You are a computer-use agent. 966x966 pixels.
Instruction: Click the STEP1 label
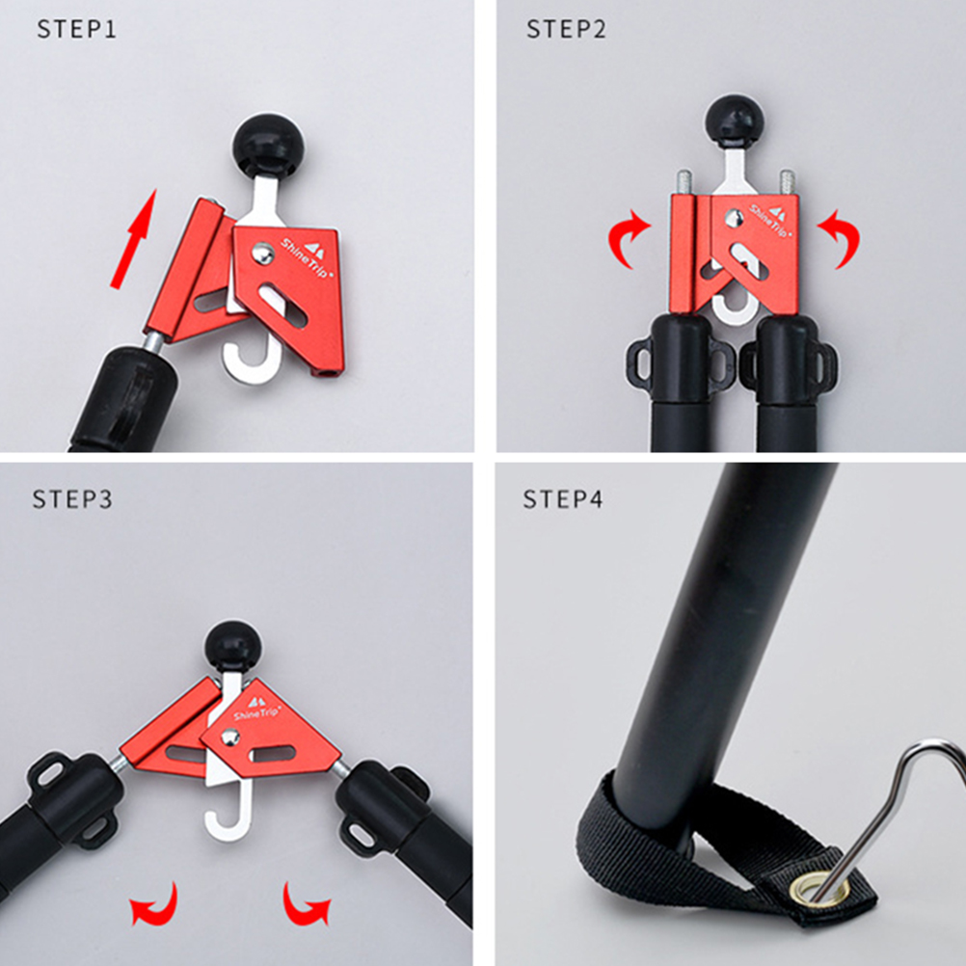pyautogui.click(x=76, y=29)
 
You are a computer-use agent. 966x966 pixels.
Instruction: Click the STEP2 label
pyautogui.click(x=566, y=29)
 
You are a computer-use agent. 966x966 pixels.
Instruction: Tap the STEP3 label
pyautogui.click(x=72, y=498)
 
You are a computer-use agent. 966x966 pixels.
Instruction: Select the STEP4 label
pyautogui.click(x=562, y=498)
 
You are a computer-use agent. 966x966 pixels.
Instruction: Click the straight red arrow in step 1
pyautogui.click(x=134, y=238)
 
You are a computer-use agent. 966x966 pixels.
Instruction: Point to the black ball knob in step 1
pyautogui.click(x=268, y=145)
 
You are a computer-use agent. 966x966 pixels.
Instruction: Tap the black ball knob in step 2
pyautogui.click(x=735, y=122)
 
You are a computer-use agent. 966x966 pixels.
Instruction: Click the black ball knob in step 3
pyautogui.click(x=233, y=648)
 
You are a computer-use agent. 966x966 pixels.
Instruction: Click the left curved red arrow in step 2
pyautogui.click(x=629, y=239)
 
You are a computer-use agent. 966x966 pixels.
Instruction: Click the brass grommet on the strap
pyautogui.click(x=820, y=888)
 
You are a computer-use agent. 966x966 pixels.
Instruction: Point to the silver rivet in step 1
pyautogui.click(x=263, y=254)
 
